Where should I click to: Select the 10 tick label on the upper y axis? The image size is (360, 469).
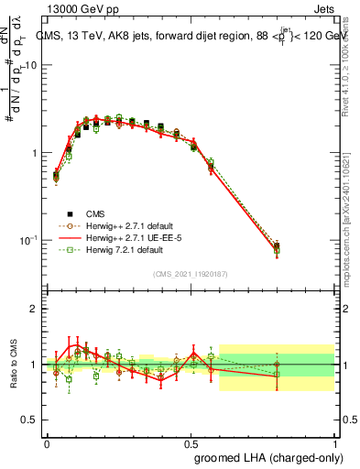tap(31, 66)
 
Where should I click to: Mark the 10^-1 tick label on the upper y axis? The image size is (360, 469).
tap(29, 240)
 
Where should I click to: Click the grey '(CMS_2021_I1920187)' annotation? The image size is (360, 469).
tap(191, 273)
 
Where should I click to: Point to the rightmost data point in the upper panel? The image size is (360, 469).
tap(277, 246)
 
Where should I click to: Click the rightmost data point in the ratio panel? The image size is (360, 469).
tap(277, 365)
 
